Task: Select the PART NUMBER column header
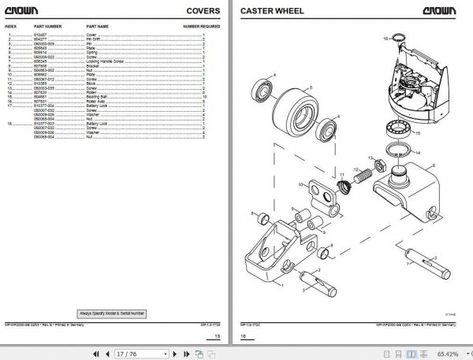tap(48, 27)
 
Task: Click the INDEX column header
tap(10, 27)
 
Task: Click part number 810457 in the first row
tap(39, 36)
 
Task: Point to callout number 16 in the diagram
tap(385, 37)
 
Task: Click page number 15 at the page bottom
tap(218, 336)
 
